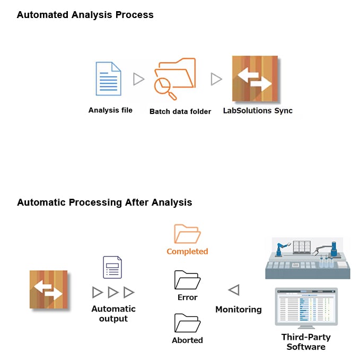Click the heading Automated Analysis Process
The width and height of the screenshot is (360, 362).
coord(85,15)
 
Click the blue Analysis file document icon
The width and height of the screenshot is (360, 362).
coord(108,79)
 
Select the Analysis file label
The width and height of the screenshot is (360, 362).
coord(110,110)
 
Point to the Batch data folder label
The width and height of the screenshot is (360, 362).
coord(180,111)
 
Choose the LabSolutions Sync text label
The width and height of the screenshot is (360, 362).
coord(257,111)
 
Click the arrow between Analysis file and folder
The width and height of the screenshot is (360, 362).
coord(138,80)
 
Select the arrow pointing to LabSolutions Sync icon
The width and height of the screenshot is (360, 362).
coord(216,80)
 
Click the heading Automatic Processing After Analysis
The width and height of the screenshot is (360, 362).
coord(104,202)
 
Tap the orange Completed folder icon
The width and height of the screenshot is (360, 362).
coord(187,234)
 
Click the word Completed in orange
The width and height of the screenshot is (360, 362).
coord(187,251)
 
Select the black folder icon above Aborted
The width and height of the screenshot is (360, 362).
coord(187,322)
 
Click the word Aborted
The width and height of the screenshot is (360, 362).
coord(187,340)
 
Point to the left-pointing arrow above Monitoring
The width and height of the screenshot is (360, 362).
coord(233,290)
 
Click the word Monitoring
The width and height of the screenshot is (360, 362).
coord(238,309)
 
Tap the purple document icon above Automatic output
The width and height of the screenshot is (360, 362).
coord(112,268)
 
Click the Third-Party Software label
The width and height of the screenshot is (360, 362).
coord(306,342)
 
